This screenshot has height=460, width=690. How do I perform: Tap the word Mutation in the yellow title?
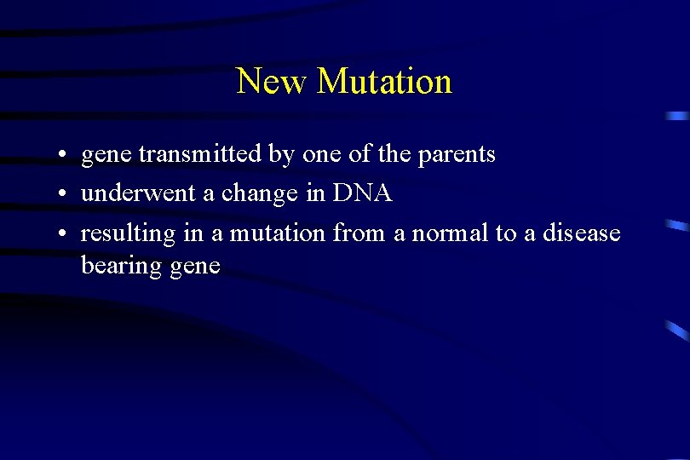[x=384, y=82]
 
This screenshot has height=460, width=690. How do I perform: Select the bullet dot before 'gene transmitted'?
[x=64, y=156]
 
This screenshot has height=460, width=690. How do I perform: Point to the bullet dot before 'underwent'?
[x=64, y=195]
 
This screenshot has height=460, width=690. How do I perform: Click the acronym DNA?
[x=363, y=193]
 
